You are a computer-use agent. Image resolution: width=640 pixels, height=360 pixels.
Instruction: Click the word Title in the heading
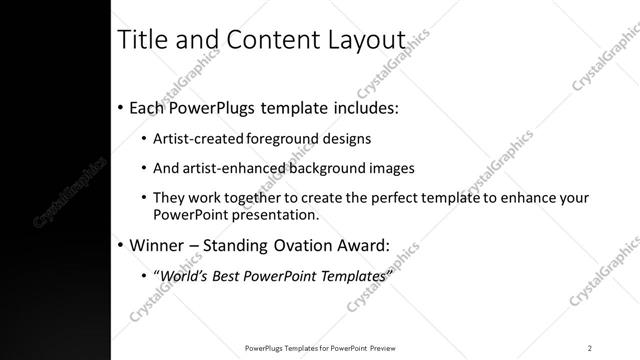pos(142,41)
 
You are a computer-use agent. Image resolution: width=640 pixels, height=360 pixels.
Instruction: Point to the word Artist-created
pos(196,139)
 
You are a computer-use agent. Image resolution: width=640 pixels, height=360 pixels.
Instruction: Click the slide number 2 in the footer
pos(590,347)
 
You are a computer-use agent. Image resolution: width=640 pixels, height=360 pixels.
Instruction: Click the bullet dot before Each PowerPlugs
pos(121,107)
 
